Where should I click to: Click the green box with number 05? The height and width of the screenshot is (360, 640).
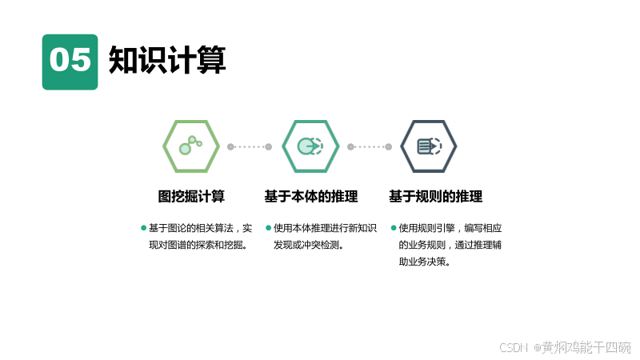[70, 62]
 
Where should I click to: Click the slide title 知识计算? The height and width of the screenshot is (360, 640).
[167, 60]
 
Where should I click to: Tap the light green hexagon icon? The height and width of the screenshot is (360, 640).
[190, 146]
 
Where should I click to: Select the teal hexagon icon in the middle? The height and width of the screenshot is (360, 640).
[310, 146]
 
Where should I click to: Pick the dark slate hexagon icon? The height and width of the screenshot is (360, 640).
[429, 146]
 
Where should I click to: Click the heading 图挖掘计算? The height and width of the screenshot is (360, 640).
[190, 196]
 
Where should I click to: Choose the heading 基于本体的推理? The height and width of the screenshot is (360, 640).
[310, 196]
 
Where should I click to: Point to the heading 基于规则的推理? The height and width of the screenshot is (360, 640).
[435, 196]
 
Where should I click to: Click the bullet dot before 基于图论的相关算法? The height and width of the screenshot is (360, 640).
[144, 228]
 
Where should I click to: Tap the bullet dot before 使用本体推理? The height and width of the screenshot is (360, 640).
[269, 228]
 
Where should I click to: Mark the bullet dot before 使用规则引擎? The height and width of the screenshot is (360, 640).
[394, 228]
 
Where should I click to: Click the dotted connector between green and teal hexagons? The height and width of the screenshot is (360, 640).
[250, 146]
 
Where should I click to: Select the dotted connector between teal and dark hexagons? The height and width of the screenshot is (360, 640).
[370, 146]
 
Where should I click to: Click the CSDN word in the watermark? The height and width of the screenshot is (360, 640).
[514, 347]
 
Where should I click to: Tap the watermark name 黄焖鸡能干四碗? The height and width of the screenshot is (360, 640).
[586, 347]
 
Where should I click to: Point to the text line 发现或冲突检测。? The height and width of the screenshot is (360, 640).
[309, 245]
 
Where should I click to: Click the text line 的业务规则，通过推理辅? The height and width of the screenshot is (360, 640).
[450, 245]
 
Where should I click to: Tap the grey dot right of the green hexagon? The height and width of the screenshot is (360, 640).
[230, 146]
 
